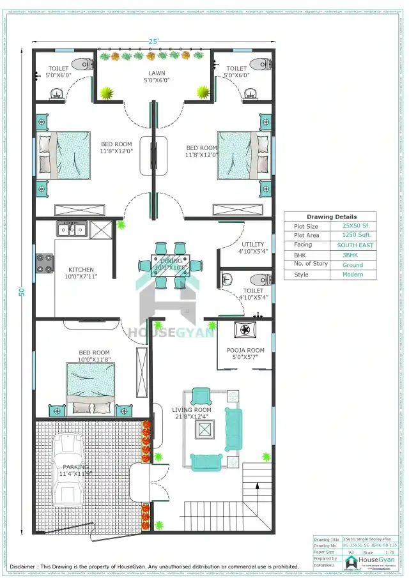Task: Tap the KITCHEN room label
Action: (x=81, y=270)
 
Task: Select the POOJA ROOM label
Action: (x=245, y=350)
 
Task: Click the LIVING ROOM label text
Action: (x=192, y=410)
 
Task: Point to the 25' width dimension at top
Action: (x=153, y=42)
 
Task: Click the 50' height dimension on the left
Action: (x=21, y=291)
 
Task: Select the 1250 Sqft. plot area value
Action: (x=348, y=235)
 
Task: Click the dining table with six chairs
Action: (x=171, y=262)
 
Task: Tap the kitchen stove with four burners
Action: (x=44, y=262)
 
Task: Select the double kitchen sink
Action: (x=71, y=229)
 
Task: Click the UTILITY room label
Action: (x=252, y=245)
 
